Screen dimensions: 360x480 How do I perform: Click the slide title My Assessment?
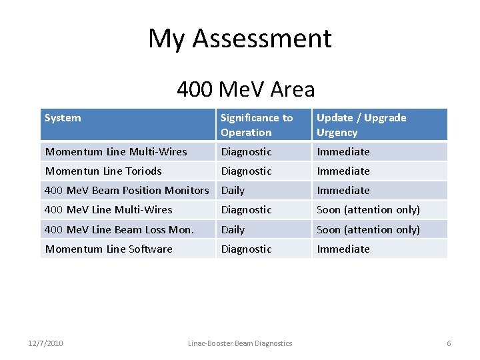point(240,39)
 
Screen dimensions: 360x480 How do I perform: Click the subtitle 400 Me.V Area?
point(245,89)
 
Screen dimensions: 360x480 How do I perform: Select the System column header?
point(63,118)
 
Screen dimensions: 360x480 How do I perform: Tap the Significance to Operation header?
point(257,125)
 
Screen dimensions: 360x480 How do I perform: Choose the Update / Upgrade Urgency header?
point(361,125)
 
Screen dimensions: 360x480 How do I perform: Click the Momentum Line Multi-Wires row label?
point(115,151)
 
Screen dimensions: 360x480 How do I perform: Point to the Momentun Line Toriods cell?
point(103,171)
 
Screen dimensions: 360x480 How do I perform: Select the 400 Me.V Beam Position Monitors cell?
point(127,190)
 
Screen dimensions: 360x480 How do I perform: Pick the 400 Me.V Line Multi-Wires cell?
point(108,209)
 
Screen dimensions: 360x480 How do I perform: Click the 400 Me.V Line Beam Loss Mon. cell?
point(119,229)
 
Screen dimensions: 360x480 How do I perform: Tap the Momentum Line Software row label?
point(108,249)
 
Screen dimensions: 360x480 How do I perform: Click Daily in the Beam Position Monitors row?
point(233,190)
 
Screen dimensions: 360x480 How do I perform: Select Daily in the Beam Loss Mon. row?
point(233,229)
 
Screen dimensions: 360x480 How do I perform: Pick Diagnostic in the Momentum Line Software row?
point(246,249)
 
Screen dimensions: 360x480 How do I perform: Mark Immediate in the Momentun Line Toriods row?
point(343,171)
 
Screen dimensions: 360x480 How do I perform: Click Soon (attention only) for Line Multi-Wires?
point(368,209)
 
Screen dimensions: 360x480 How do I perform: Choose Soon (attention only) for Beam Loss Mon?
point(368,229)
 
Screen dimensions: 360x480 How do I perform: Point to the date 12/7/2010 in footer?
point(46,343)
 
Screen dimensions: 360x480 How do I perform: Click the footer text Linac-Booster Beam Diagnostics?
point(240,343)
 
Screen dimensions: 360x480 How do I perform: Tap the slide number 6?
point(449,343)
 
